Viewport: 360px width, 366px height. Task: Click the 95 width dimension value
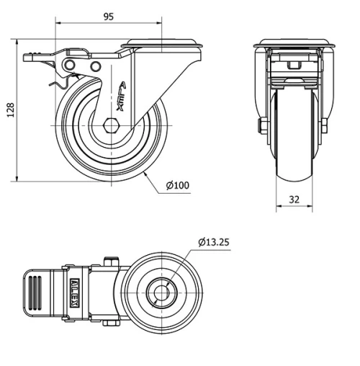(107, 16)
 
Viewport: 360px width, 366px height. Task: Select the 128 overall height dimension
(9, 110)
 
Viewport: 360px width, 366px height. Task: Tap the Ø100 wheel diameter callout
(177, 185)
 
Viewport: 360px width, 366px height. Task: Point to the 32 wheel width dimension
(294, 199)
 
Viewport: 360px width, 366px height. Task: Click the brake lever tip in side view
(32, 57)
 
